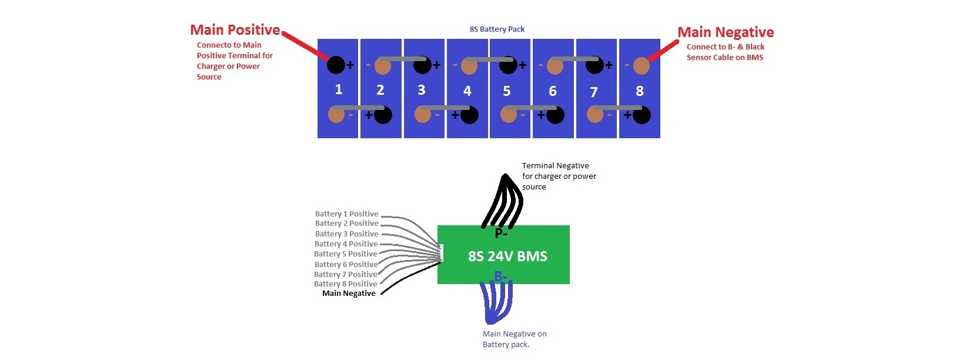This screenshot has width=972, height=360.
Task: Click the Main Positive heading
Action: coord(235,30)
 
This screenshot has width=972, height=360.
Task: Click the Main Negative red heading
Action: coord(725,32)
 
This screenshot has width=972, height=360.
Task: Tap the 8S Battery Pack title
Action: coord(497,29)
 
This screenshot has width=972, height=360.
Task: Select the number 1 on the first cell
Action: coord(339,89)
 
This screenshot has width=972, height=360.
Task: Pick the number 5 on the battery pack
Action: coord(507,91)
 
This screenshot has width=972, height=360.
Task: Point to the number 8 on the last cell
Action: coord(640,91)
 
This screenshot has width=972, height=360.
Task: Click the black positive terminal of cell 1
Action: coord(336,65)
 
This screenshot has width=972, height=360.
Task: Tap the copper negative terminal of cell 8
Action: coord(641,66)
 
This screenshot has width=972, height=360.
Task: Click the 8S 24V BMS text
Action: coord(507,256)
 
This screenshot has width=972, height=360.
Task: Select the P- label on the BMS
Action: coord(501,234)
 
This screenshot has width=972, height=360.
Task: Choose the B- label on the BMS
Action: coord(500,276)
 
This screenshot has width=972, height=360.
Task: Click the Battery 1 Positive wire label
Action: coord(346,214)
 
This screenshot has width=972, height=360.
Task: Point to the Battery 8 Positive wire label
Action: coord(346,284)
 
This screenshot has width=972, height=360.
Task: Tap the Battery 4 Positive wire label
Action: coord(346,244)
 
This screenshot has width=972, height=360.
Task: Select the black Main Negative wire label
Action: coord(349,294)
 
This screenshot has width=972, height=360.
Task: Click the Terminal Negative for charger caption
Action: coord(559,176)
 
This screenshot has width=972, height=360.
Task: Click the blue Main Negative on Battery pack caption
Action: coord(515,339)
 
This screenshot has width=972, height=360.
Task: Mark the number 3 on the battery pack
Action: coord(421,90)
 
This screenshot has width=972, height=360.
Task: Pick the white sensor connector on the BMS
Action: coord(440,253)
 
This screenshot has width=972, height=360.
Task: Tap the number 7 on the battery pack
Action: coord(594,92)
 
